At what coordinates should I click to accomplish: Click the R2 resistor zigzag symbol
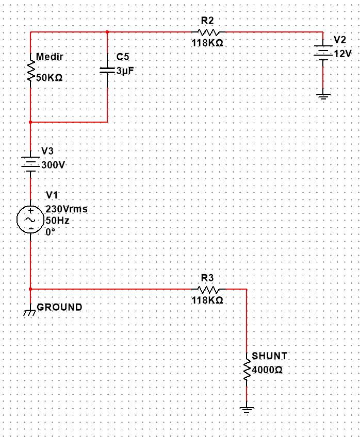pos(208,32)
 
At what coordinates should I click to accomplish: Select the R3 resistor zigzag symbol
pos(208,289)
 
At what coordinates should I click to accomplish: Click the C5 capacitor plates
pos(107,70)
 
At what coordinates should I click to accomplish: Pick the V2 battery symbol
pos(323,53)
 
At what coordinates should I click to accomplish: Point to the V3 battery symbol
pos(30,164)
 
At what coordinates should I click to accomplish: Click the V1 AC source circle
pos(30,220)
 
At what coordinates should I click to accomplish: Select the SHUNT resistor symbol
pos(247,369)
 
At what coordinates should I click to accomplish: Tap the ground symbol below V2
pos(323,96)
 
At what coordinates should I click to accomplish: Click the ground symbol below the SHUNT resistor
pos(247,409)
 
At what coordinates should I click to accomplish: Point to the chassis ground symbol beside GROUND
pos(30,312)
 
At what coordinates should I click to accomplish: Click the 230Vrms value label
pos(67,209)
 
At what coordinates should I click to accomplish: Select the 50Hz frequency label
pos(57,221)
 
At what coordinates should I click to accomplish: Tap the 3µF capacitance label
pos(125,71)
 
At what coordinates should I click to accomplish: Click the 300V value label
pos(53,165)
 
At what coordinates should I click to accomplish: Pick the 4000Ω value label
pos(267,370)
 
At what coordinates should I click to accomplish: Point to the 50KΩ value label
pos(49,77)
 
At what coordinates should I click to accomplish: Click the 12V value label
pos(342,54)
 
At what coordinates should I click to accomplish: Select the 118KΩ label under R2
pos(207,43)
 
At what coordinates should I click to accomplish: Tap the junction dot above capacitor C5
pos(107,32)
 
